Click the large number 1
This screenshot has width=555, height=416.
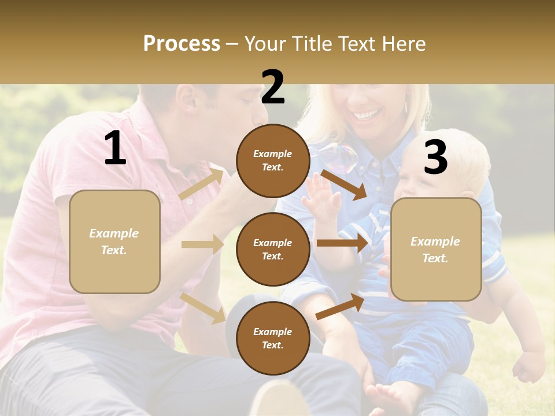tap(115, 148)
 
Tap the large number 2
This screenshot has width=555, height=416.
tap(273, 87)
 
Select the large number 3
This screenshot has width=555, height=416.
tap(435, 157)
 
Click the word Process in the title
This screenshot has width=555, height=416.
tap(182, 43)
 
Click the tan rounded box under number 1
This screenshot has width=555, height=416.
tap(114, 242)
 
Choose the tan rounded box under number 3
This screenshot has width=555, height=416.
tap(436, 249)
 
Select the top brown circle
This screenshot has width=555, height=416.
tap(273, 161)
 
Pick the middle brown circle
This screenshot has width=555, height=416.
tap(273, 249)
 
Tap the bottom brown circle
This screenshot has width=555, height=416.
tap(273, 338)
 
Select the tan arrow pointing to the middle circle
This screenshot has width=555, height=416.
tap(202, 244)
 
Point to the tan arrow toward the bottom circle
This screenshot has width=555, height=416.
tap(202, 308)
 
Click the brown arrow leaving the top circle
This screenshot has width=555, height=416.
tap(344, 184)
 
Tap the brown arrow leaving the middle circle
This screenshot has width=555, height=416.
tap(342, 243)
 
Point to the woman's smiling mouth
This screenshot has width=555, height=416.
tap(365, 115)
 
